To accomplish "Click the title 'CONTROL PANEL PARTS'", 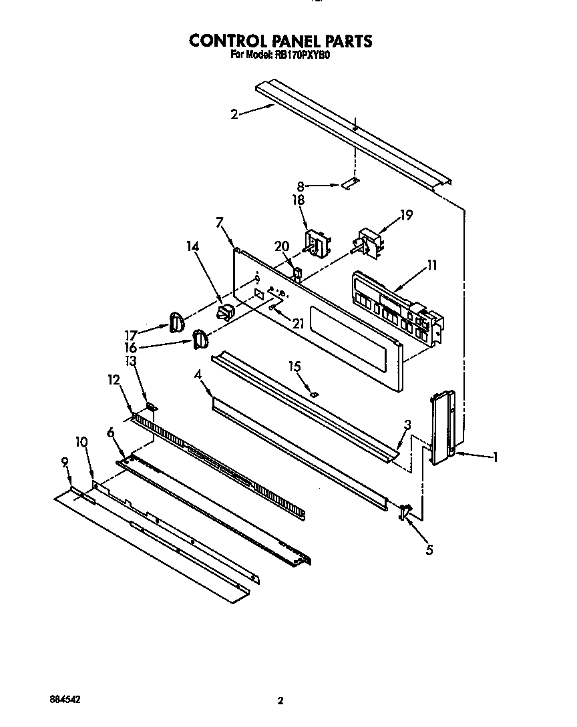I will tap(280, 41).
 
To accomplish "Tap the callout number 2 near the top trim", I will tap(234, 114).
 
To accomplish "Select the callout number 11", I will tap(431, 266).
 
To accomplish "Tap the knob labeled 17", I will tap(176, 322).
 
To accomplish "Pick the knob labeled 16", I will tap(200, 339).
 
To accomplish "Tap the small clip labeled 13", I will tap(152, 407).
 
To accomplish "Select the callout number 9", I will tap(65, 461).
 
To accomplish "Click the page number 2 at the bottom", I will tap(280, 700).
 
